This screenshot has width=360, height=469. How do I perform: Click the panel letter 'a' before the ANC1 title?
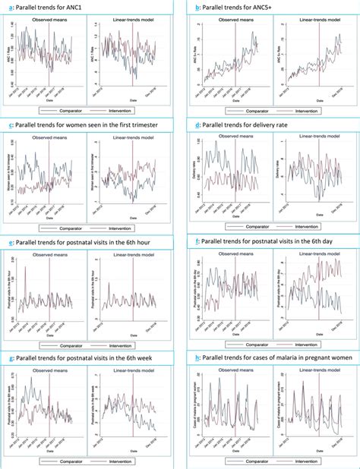click(x=8, y=8)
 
